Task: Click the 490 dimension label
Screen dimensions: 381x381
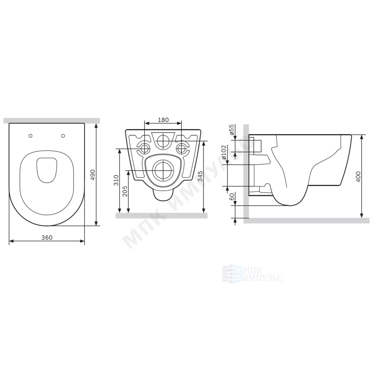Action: pos(93,175)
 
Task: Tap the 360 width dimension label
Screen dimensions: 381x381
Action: pos(46,238)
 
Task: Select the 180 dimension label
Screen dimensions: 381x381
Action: pos(163,120)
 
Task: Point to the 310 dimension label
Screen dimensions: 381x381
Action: pos(116,180)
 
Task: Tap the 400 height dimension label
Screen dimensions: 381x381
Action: pos(359,177)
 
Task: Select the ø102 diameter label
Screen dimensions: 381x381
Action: pos(224,153)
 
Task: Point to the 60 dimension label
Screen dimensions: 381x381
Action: pos(232,197)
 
